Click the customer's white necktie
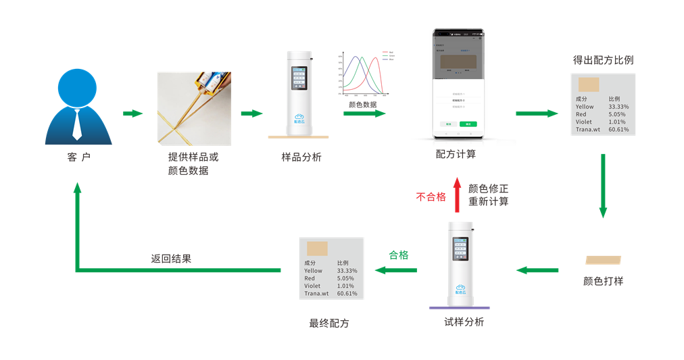[78, 124]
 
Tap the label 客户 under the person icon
[78, 157]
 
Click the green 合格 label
[399, 255]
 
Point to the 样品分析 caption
[301, 157]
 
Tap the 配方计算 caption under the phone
[456, 154]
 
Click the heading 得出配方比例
[603, 60]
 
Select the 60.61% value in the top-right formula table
[618, 129]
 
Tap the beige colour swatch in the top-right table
[589, 84]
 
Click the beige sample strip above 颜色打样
[604, 259]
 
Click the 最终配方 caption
[329, 323]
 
